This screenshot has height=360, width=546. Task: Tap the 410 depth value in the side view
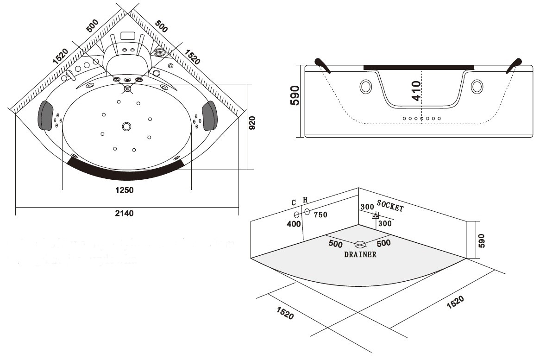[x=416, y=91]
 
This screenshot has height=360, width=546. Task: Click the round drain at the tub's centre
[x=126, y=126]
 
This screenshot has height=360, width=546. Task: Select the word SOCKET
[x=390, y=206]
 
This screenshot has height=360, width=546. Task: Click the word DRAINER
[x=360, y=254]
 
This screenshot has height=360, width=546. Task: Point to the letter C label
[x=294, y=202]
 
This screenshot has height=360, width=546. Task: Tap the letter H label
[x=305, y=200]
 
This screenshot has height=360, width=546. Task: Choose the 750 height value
[x=320, y=215]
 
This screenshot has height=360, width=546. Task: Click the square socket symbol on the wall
[x=376, y=215]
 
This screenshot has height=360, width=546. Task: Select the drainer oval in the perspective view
[x=360, y=244]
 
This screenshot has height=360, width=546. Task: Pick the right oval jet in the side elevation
[x=477, y=87]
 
